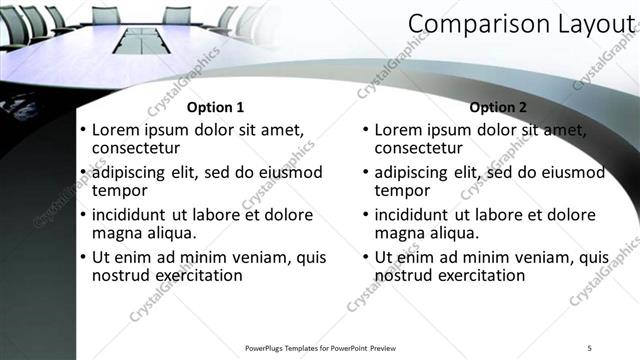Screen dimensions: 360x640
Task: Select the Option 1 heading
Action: click(215, 107)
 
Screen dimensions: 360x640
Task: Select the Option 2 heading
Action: click(497, 107)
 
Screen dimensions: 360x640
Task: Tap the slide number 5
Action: click(589, 348)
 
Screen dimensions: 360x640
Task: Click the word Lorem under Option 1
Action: click(115, 130)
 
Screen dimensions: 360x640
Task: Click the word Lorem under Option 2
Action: click(397, 130)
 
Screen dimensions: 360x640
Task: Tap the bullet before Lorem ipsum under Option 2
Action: click(365, 131)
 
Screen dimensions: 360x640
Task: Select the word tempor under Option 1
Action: click(119, 190)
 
